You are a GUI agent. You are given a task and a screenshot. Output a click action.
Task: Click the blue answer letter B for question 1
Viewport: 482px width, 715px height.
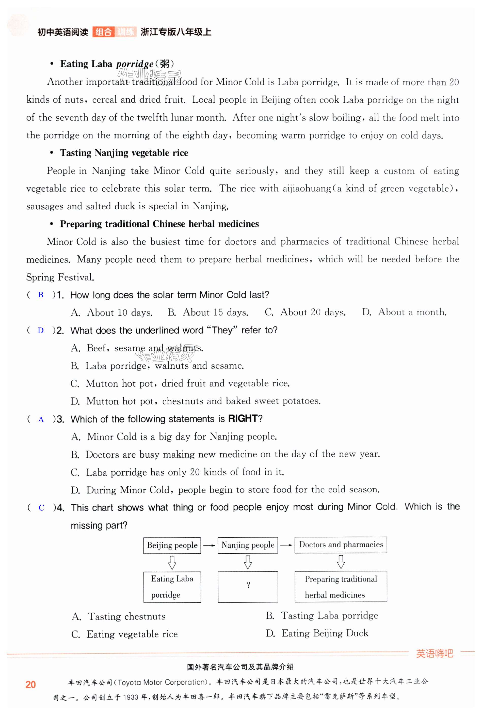click(41, 294)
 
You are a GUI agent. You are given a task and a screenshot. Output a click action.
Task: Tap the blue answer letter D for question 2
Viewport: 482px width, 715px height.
click(41, 330)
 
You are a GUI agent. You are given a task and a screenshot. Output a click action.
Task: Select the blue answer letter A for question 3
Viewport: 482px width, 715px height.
click(41, 419)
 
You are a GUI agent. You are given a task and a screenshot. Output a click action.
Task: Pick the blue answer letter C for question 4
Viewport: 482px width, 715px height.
click(41, 508)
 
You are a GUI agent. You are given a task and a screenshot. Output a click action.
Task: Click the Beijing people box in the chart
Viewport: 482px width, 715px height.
click(172, 545)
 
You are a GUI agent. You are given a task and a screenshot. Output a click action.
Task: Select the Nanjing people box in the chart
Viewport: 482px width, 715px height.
click(248, 545)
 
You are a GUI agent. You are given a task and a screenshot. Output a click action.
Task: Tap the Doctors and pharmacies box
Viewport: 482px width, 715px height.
click(341, 545)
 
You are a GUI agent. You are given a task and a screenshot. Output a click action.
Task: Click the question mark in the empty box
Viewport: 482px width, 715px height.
click(248, 585)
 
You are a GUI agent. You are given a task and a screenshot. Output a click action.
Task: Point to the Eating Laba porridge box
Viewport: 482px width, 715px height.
click(172, 587)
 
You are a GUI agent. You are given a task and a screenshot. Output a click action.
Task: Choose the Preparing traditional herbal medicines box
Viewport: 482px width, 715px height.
click(341, 586)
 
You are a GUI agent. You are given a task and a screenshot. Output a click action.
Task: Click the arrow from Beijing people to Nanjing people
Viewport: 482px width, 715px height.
click(209, 545)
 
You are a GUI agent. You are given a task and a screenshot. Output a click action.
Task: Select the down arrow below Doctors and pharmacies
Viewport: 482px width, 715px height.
click(341, 562)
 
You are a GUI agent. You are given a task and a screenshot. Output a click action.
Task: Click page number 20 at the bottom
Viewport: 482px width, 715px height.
click(31, 685)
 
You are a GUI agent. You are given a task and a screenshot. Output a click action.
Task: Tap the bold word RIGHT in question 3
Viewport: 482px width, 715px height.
click(243, 418)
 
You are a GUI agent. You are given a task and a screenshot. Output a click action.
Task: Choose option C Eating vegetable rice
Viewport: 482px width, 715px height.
click(124, 634)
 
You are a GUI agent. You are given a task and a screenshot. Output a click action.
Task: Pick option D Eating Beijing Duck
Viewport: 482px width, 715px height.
click(317, 633)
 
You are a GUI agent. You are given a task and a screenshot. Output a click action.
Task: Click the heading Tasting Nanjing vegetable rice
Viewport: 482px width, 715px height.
click(124, 153)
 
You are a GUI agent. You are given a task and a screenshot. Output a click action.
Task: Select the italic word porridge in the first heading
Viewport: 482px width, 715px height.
click(135, 64)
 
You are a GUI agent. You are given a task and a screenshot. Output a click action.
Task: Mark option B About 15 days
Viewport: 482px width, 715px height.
click(208, 313)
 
